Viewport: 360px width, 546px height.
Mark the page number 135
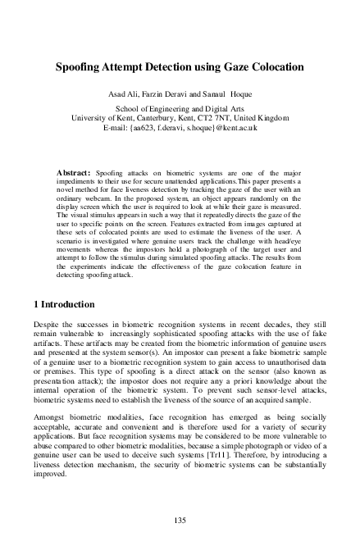[x=180, y=520]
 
